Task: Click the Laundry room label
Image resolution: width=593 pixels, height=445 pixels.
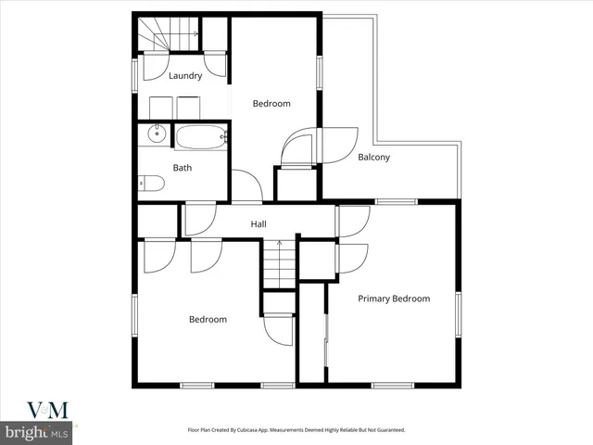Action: (184, 76)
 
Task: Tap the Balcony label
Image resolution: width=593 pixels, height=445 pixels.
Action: (373, 158)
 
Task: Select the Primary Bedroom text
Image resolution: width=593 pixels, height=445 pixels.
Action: (394, 299)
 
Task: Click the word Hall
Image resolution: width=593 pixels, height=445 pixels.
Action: (259, 224)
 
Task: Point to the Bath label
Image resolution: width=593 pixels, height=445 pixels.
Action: (182, 168)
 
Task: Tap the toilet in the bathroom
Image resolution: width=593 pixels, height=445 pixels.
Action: (150, 184)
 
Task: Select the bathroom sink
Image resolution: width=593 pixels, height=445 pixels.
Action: (157, 135)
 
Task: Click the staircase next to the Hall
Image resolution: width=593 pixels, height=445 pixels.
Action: (279, 263)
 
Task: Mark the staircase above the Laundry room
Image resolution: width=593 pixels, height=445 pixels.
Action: (169, 35)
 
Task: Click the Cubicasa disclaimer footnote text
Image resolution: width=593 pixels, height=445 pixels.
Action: (296, 431)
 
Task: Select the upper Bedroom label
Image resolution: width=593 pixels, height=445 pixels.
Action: (271, 104)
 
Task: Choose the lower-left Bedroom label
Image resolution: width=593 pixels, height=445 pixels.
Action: (208, 320)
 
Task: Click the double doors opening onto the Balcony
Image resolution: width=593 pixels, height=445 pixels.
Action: (320, 146)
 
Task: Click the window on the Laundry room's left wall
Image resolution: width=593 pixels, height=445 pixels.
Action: (137, 72)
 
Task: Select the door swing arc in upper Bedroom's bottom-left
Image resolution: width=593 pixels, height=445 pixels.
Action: (246, 184)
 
